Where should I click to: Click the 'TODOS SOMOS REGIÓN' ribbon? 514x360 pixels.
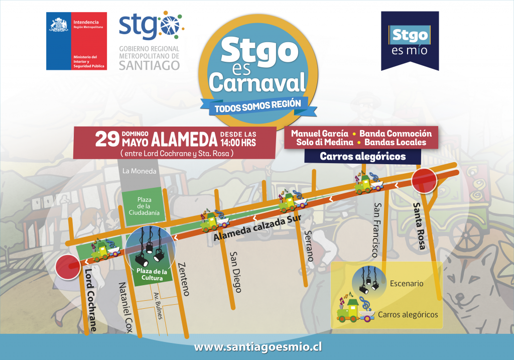258,105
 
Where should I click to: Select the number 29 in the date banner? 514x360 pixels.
107,139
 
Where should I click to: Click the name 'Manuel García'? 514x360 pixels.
319,134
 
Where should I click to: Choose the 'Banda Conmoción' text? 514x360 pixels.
396,134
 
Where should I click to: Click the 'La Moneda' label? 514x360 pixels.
140,171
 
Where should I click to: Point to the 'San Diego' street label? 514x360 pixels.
235,272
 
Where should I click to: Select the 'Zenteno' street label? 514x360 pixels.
183,279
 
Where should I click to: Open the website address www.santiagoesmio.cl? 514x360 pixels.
258,347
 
